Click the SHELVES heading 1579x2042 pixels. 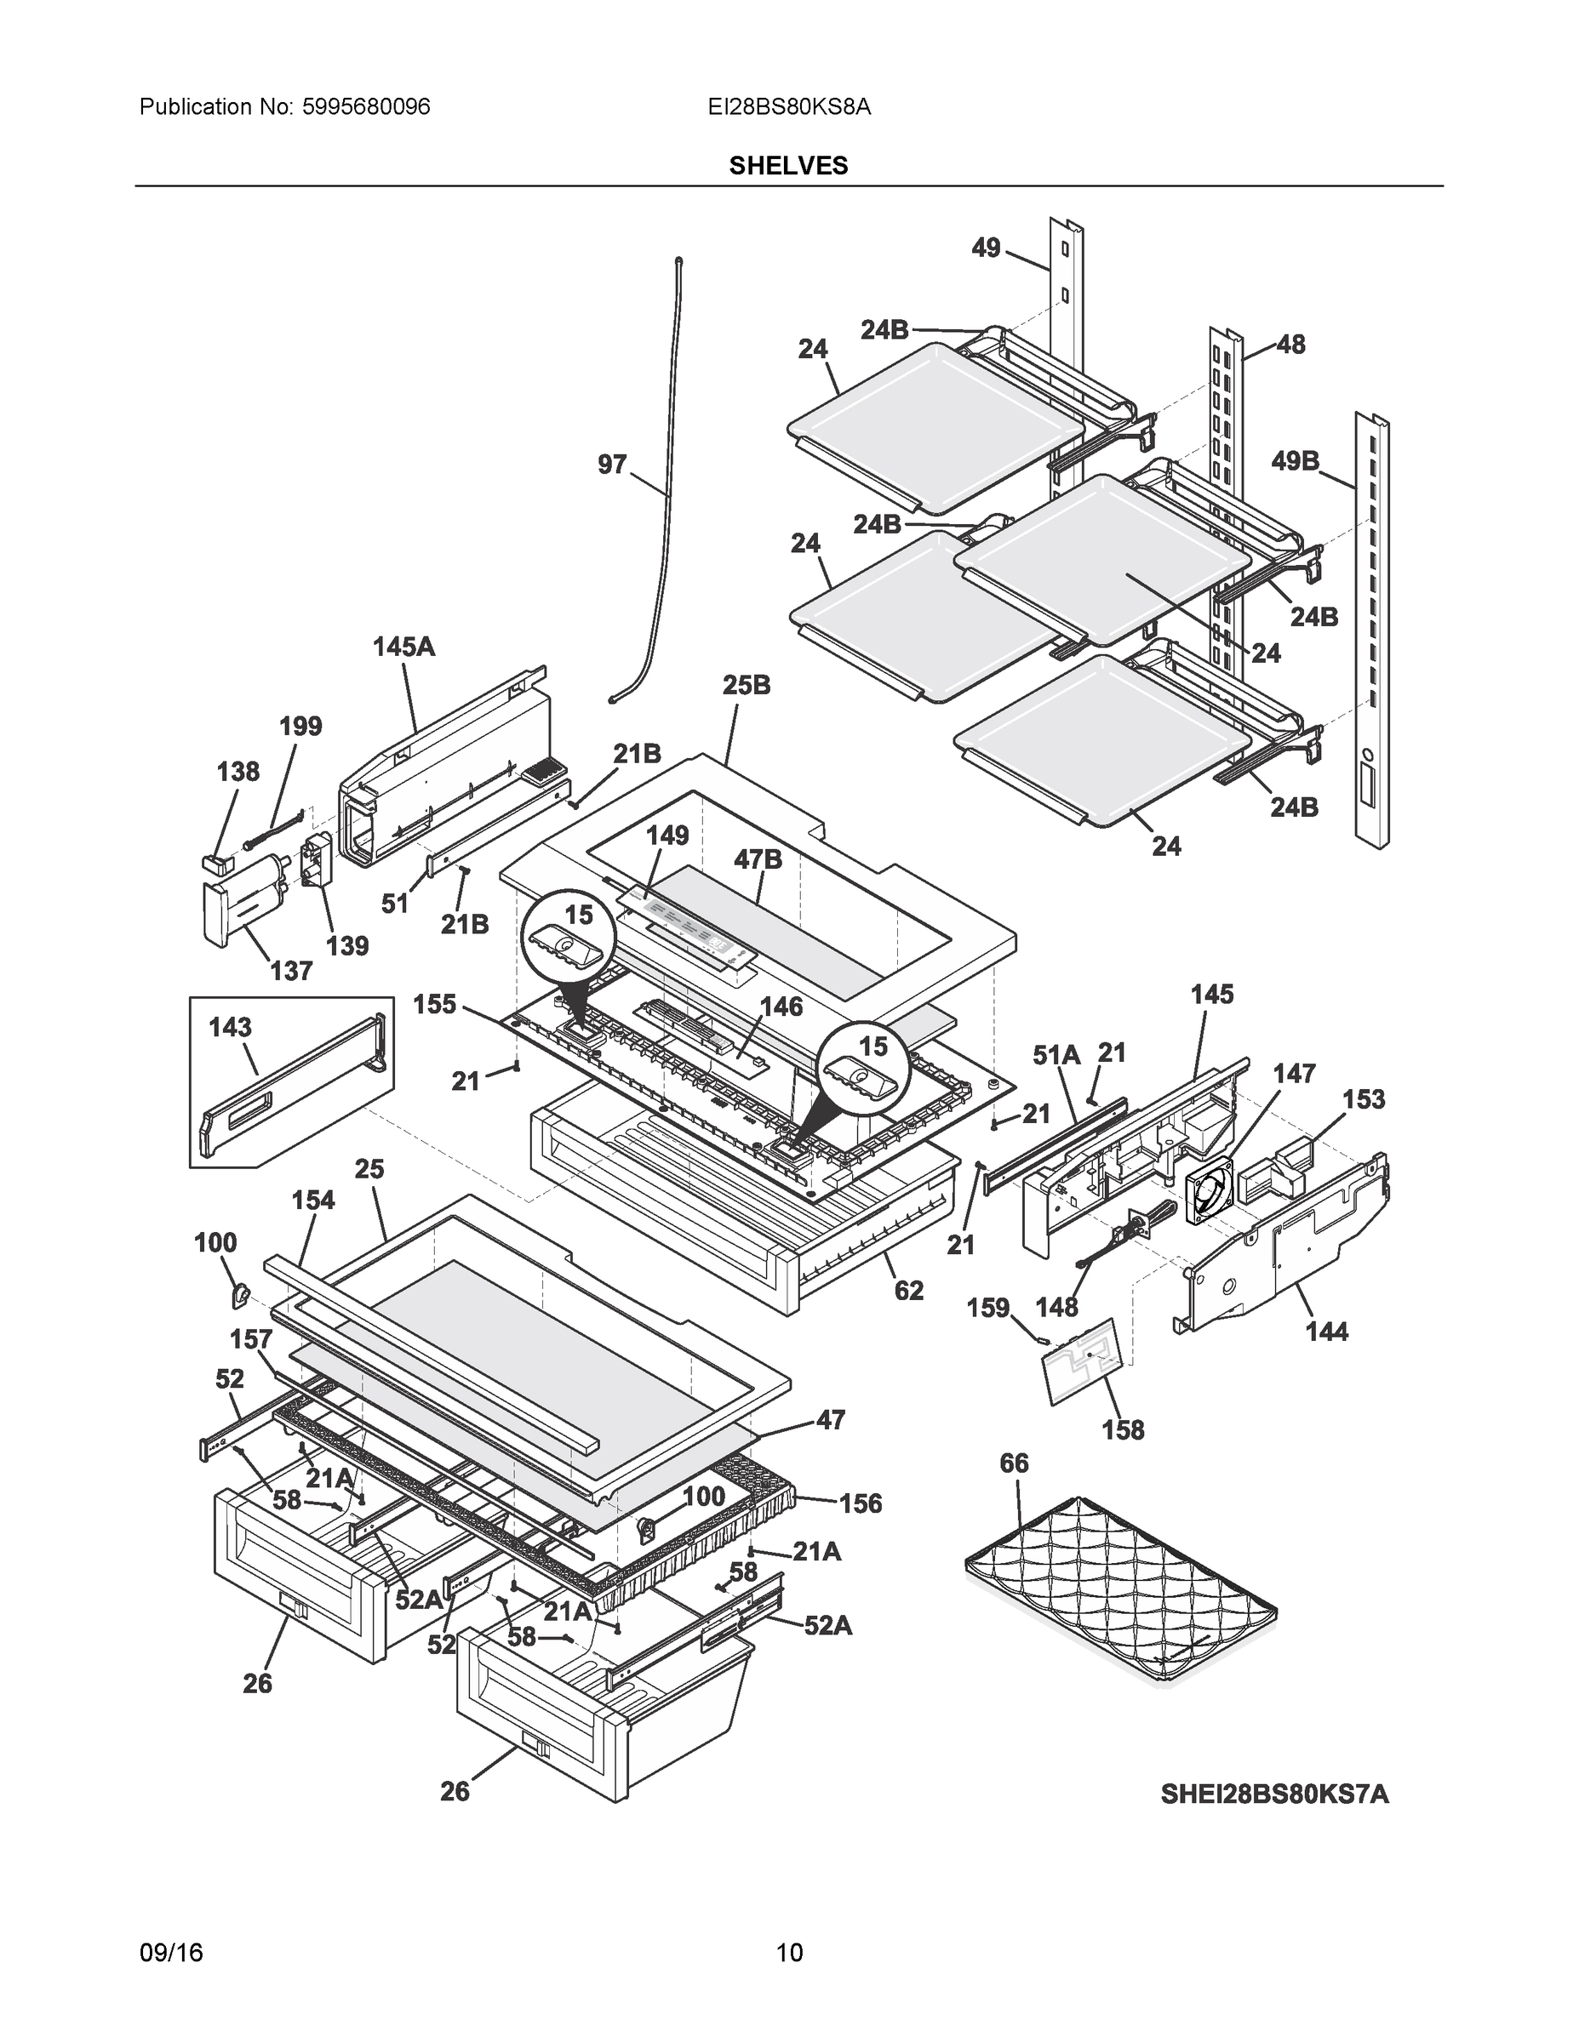(x=788, y=166)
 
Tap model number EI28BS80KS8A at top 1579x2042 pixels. (x=788, y=107)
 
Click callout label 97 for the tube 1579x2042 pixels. (x=612, y=465)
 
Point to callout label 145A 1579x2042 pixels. (x=404, y=646)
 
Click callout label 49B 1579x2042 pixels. (x=1295, y=461)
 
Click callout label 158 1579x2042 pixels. (x=1123, y=1429)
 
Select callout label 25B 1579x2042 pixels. (x=747, y=685)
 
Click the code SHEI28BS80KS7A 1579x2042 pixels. (x=1274, y=1794)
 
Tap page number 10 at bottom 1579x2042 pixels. (x=788, y=1954)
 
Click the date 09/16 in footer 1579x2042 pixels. (x=170, y=1954)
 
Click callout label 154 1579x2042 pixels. (x=312, y=1200)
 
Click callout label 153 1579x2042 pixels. (x=1363, y=1099)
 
